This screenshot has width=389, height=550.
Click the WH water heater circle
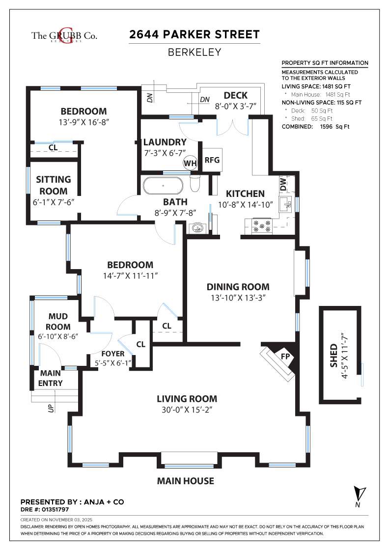190,163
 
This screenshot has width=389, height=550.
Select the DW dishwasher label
283,185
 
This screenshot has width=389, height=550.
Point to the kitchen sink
285,203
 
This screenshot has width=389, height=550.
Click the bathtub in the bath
163,187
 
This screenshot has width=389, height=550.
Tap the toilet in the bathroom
194,185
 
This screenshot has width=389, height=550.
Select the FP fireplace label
285,356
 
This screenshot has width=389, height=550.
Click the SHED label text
334,356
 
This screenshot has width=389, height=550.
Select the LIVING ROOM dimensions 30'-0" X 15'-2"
187,409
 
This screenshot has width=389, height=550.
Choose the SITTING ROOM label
53,185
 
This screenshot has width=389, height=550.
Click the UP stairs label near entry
51,407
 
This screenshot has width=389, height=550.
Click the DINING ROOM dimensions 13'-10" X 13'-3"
238,297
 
